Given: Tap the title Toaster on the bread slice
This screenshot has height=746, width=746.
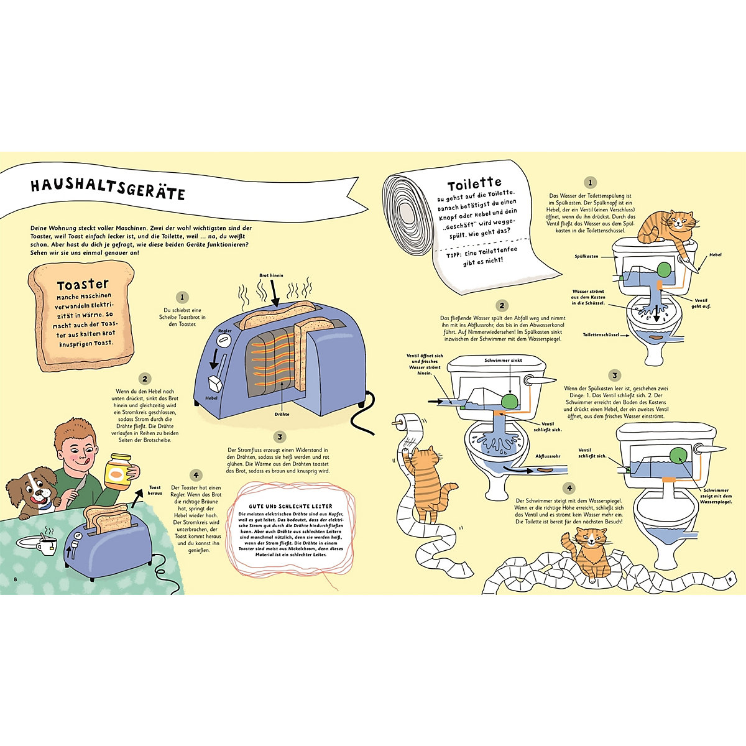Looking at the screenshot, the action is click(x=83, y=285).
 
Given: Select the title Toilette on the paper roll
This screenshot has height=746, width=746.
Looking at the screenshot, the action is click(x=474, y=183).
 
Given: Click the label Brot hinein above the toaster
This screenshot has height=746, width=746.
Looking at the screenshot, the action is click(x=271, y=275).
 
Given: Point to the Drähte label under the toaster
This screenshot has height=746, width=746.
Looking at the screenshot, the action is click(x=282, y=414).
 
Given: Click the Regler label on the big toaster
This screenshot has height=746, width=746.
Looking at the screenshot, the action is click(x=225, y=331).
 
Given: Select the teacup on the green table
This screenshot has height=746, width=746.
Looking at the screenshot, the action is click(x=47, y=545).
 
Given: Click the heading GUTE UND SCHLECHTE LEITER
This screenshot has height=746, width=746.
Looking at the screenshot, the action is click(x=290, y=506).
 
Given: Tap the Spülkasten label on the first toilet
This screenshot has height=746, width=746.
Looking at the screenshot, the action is click(x=586, y=256).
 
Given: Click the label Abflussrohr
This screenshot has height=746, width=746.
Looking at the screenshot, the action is click(x=548, y=456).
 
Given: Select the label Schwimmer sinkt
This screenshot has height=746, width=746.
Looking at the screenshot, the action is click(x=504, y=360).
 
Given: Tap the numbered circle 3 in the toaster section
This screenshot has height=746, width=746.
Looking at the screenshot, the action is click(x=280, y=437).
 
